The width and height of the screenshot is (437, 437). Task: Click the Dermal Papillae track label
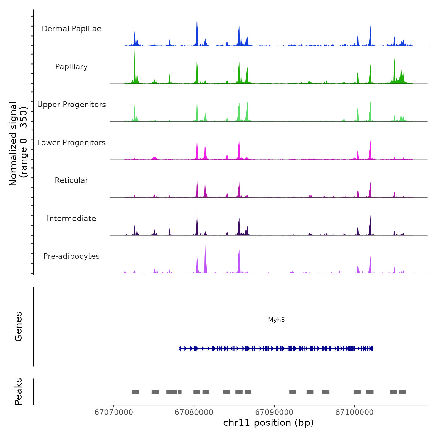(71, 29)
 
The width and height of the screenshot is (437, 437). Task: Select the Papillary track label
(71, 67)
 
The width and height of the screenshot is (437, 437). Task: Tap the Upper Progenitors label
(71, 105)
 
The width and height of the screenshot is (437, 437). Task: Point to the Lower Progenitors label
(71, 143)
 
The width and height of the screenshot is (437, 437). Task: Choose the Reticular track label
(71, 180)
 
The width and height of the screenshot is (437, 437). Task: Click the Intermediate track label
(71, 219)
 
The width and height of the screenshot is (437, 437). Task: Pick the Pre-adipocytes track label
(71, 256)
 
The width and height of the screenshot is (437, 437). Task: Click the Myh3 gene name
(277, 320)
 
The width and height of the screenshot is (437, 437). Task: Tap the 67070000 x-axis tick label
(114, 412)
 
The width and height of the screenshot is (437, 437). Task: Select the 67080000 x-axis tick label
(194, 412)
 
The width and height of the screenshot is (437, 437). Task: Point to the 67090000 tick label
(274, 412)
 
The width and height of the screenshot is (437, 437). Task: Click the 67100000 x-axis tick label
(355, 412)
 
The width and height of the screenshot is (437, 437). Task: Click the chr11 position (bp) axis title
(268, 423)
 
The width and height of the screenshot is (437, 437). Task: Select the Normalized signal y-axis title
(18, 143)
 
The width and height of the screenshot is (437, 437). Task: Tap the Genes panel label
(18, 327)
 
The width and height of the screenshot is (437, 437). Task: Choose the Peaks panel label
(18, 391)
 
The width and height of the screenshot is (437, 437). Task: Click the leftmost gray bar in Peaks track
(135, 392)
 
